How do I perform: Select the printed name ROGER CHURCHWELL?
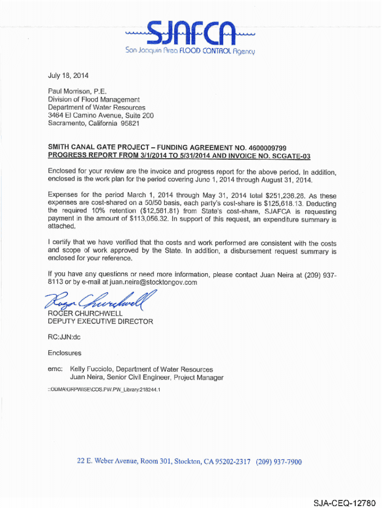85,314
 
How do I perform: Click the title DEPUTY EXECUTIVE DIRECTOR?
100,321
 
